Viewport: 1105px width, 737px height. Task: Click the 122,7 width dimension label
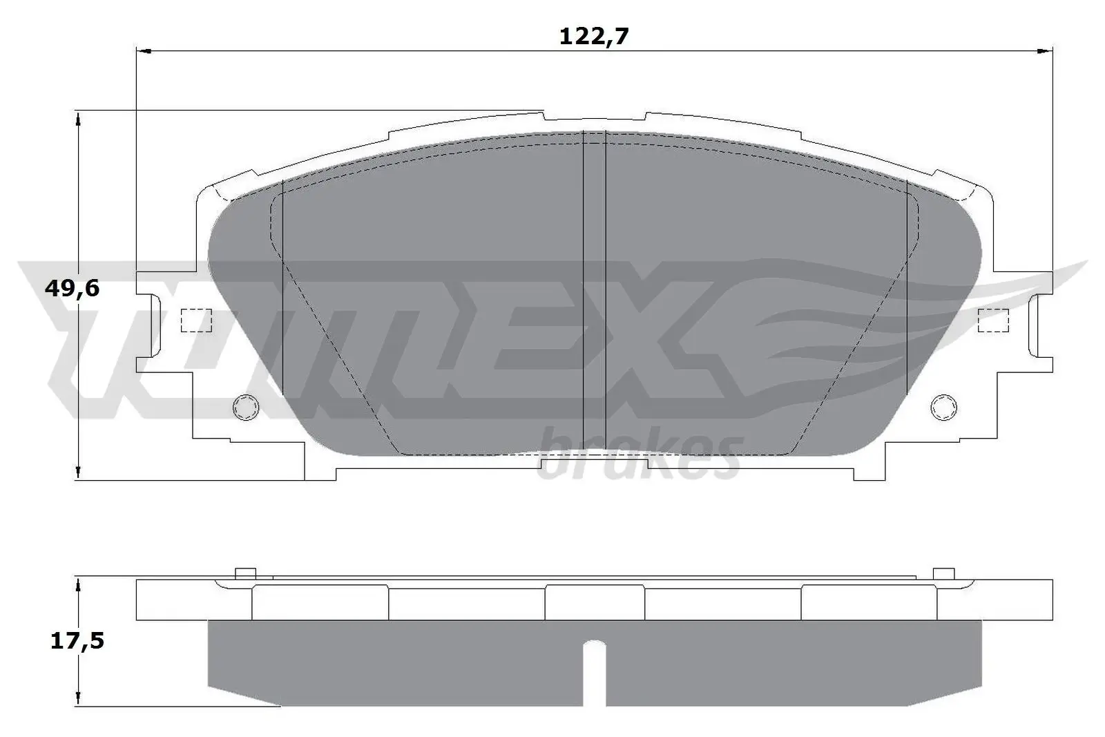click(593, 37)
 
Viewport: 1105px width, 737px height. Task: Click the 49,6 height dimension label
click(72, 288)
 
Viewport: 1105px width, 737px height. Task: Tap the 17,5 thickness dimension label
click(77, 641)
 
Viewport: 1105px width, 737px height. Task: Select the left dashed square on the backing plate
click(195, 320)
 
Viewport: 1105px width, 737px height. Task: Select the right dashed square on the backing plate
click(994, 320)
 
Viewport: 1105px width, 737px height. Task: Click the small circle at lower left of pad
click(247, 408)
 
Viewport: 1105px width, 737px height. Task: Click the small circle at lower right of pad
click(943, 408)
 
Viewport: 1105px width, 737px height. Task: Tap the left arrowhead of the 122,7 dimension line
click(142, 50)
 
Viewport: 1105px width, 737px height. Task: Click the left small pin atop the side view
click(245, 573)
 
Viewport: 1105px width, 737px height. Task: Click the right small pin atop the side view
click(943, 573)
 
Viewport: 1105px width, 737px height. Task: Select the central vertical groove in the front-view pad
click(594, 290)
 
